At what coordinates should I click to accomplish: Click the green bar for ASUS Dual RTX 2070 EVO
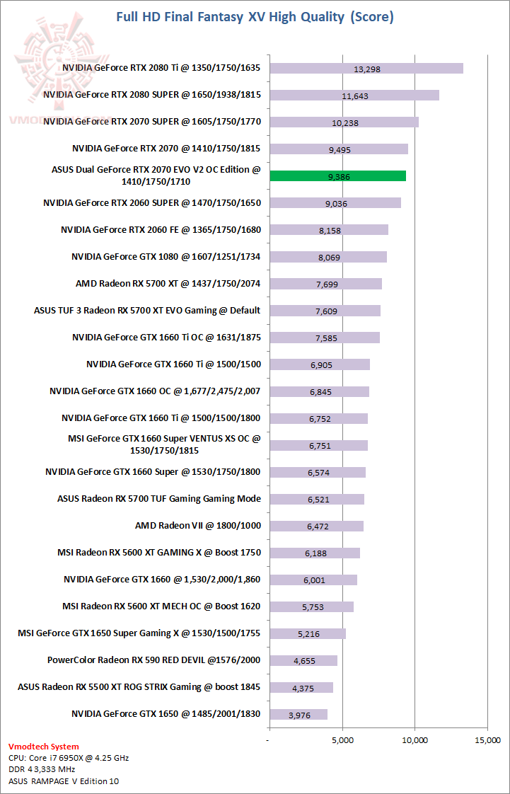click(x=337, y=176)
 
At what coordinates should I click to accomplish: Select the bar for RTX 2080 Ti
click(x=366, y=69)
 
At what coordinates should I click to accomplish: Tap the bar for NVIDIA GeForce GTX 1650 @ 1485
click(x=298, y=714)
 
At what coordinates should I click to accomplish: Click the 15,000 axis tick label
click(x=487, y=740)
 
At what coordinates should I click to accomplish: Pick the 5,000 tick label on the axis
click(x=342, y=740)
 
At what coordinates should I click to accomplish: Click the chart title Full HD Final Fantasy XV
click(x=255, y=16)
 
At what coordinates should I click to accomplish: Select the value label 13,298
click(x=366, y=69)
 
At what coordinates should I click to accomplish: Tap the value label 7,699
click(x=325, y=284)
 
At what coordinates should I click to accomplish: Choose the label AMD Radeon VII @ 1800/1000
click(x=197, y=526)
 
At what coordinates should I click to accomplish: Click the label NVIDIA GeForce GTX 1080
click(x=166, y=256)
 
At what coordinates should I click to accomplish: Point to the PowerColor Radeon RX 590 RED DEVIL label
click(x=153, y=660)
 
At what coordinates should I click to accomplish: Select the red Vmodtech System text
click(x=44, y=746)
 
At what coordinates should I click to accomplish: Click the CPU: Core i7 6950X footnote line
click(x=69, y=757)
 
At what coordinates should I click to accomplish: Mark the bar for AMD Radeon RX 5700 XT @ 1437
click(x=325, y=284)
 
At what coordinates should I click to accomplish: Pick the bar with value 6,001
click(x=313, y=580)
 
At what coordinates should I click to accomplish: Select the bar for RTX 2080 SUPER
click(x=354, y=96)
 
